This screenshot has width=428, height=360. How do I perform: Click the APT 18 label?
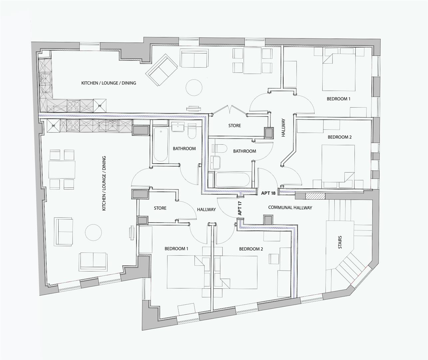[268, 193]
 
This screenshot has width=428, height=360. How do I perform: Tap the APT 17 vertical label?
[239, 208]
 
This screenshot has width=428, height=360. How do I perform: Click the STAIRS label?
[340, 242]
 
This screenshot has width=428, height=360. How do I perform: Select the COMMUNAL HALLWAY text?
[290, 207]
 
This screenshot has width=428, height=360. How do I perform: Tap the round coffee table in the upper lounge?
[194, 88]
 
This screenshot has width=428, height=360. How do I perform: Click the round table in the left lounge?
[93, 233]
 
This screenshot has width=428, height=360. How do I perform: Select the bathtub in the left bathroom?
[160, 144]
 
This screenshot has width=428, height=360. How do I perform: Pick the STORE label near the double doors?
[234, 126]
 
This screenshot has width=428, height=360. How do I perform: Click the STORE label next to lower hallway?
[160, 208]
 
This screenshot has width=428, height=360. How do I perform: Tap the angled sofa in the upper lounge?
[162, 70]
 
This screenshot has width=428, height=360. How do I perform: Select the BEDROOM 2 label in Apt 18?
[339, 137]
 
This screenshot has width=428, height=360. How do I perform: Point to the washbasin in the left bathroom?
[179, 127]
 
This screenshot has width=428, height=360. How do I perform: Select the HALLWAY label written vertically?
[283, 128]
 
